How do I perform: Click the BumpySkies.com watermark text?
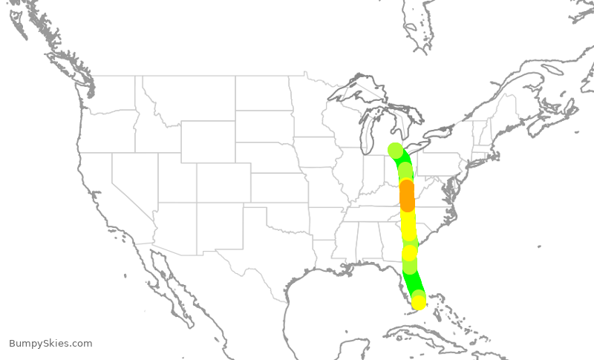50,344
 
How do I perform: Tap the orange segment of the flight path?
407,195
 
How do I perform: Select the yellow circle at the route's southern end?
419,302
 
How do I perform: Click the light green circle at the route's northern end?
395,150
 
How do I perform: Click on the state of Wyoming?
208,142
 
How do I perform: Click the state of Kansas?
278,188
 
